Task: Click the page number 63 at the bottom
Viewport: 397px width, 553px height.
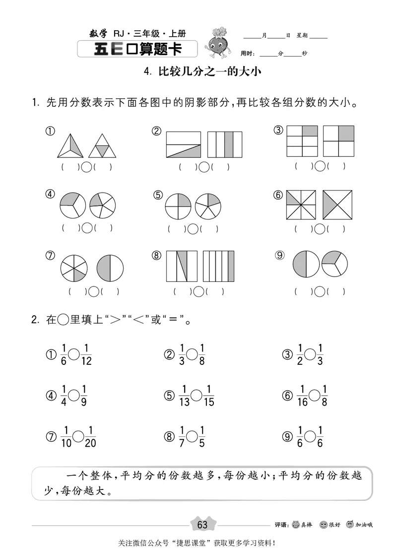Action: click(x=202, y=525)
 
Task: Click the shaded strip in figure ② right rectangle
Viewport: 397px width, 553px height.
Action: click(x=229, y=144)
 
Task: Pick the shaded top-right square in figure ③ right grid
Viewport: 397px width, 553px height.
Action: click(x=346, y=133)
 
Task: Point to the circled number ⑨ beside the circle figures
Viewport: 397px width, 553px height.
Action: click(x=280, y=255)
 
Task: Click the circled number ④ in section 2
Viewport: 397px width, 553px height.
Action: click(x=50, y=396)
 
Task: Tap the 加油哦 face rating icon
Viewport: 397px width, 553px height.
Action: click(x=349, y=525)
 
